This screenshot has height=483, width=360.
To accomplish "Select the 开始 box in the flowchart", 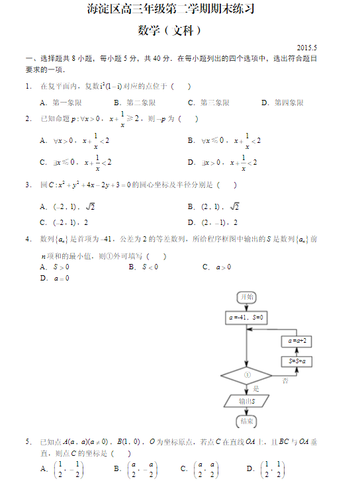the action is click(246, 296).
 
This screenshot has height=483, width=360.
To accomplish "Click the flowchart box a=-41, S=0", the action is click(246, 318).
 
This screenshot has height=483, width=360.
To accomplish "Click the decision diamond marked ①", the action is click(246, 375).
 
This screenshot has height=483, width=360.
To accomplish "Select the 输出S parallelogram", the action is click(246, 401).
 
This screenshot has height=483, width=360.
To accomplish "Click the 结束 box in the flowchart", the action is click(246, 421).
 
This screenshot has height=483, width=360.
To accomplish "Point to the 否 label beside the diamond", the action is click(285, 381).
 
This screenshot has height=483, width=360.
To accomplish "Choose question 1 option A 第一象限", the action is click(61, 103).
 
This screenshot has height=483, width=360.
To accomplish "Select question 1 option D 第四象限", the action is click(283, 103).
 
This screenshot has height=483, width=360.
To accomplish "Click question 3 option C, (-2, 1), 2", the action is click(64, 222).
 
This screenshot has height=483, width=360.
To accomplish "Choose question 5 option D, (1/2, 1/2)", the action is click(265, 469).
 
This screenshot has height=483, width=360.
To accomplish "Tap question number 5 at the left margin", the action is click(28, 441).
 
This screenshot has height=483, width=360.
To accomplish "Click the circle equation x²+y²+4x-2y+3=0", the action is click(95, 185).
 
